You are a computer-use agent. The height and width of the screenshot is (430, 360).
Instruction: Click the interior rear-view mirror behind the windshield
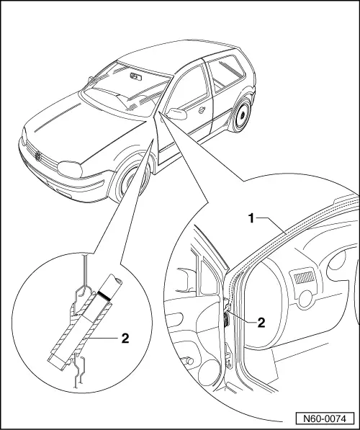[x=135, y=74]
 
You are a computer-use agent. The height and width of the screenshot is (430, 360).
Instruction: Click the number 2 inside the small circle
[x=125, y=337]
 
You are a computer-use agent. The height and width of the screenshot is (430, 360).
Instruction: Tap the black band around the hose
[x=105, y=295]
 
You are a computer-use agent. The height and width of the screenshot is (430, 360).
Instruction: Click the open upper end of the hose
[x=115, y=279]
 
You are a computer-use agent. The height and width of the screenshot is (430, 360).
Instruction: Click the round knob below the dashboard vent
[x=305, y=300]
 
